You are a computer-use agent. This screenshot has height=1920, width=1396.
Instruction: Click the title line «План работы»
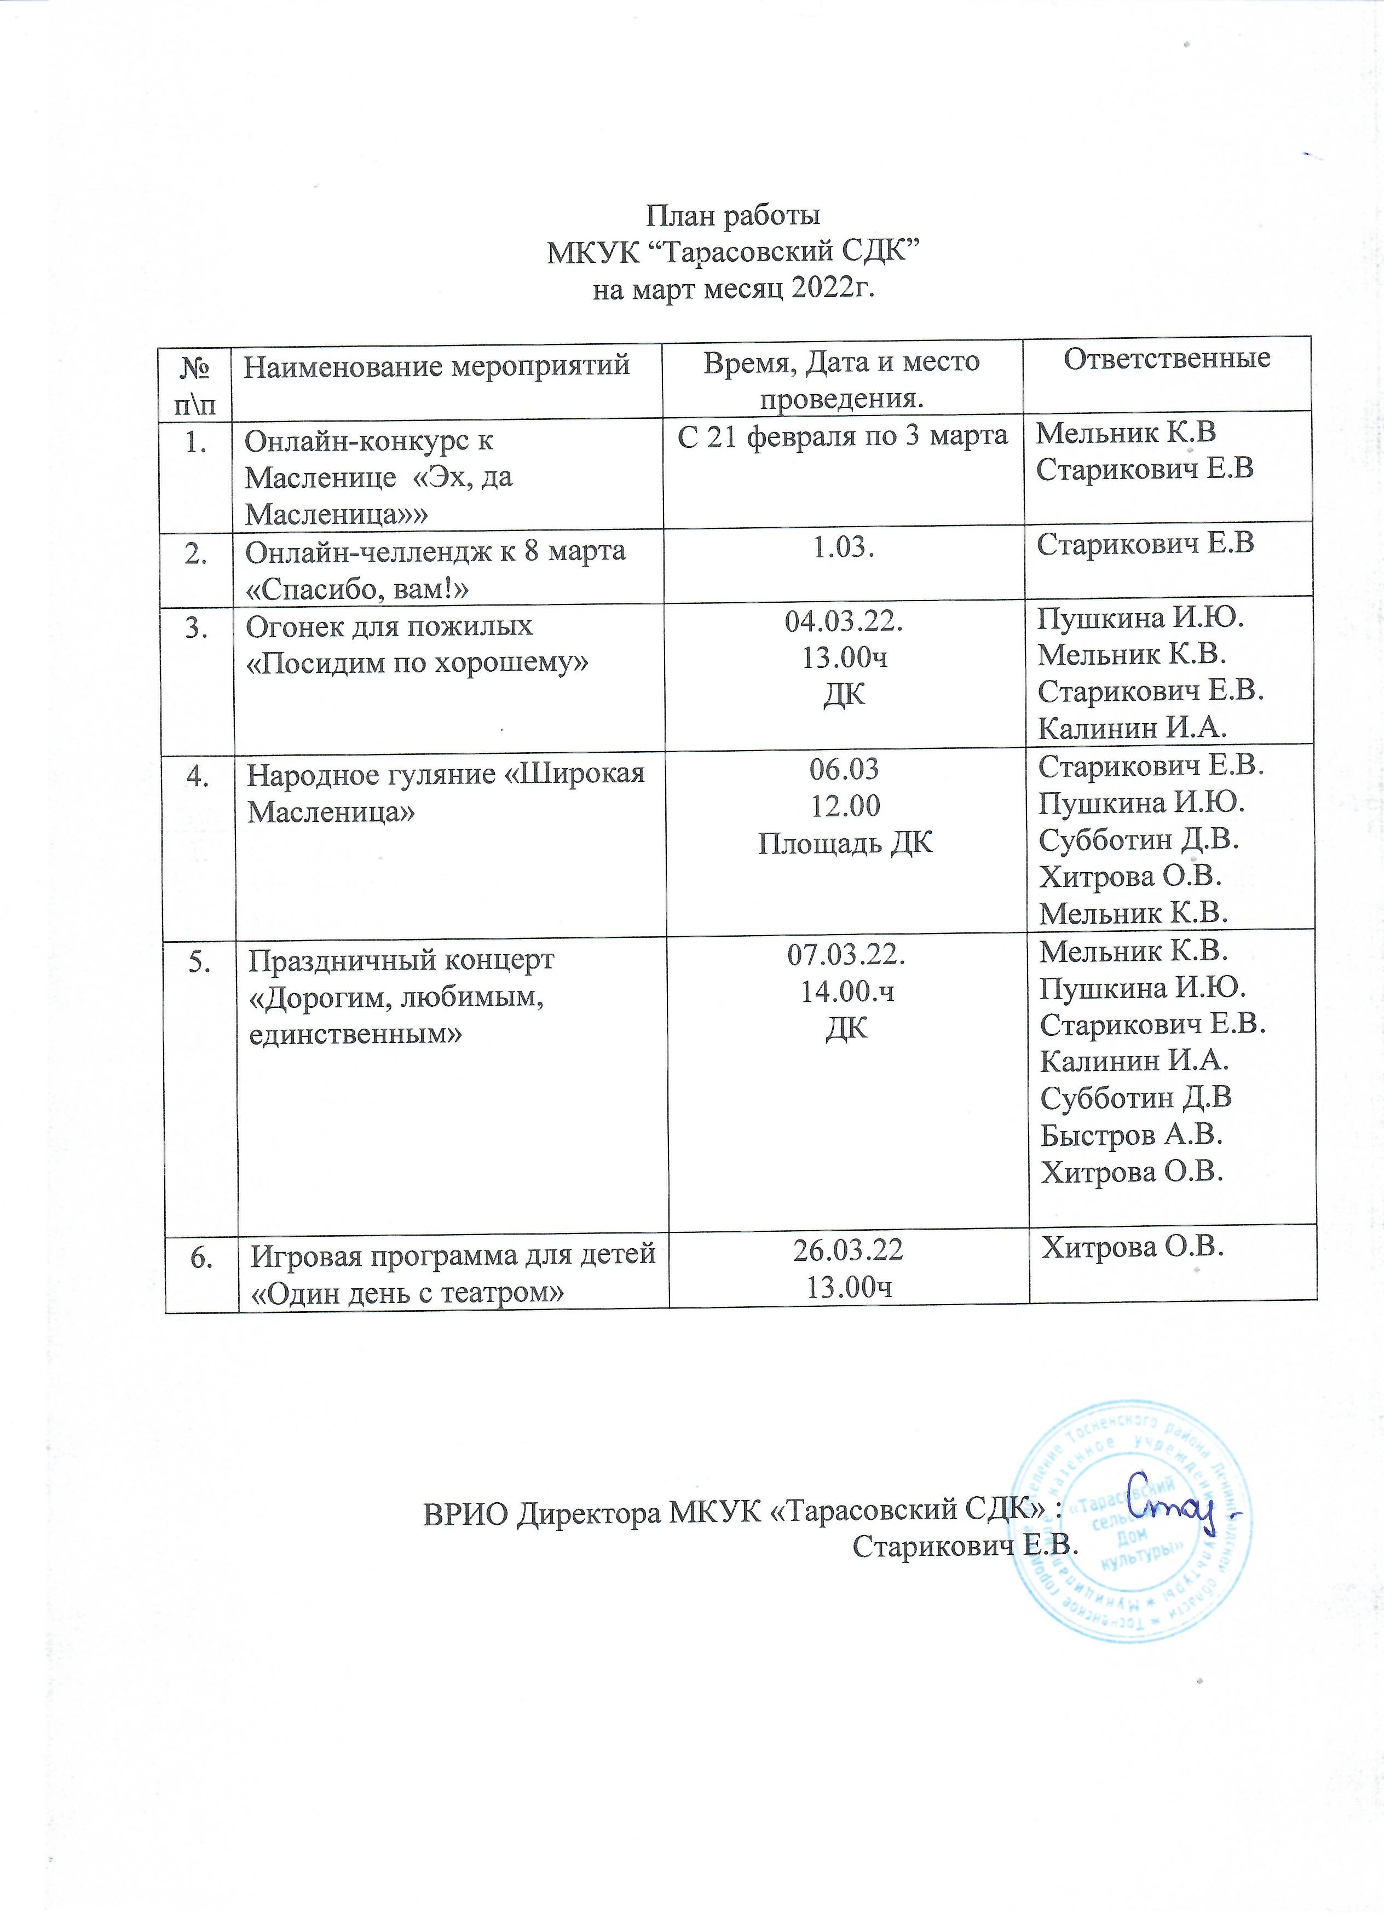(733, 216)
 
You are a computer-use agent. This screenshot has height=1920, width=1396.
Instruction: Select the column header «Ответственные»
(1167, 359)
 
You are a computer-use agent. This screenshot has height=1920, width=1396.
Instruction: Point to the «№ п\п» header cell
(195, 383)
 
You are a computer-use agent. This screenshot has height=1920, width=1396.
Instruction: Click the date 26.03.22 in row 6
(847, 1250)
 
